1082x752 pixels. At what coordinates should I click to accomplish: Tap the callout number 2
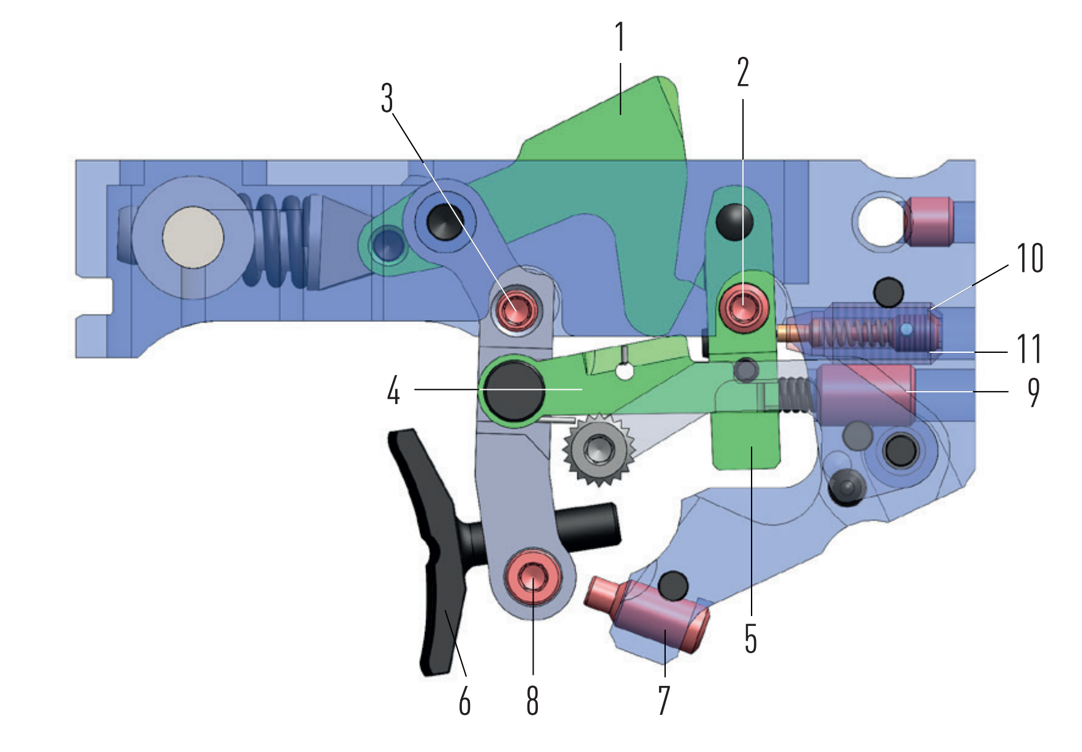[x=742, y=72]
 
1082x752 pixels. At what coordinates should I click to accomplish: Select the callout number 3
[x=387, y=98]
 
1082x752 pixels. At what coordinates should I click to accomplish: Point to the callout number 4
[x=393, y=391]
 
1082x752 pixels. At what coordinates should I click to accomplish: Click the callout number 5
[x=750, y=638]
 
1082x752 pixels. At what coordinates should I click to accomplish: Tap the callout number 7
[x=664, y=701]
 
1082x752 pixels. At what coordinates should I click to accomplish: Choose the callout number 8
[x=532, y=701]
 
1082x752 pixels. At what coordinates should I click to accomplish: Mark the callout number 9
[x=1033, y=392]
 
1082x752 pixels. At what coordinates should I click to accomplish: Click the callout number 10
[x=1030, y=258]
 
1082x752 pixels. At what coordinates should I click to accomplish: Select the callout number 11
[x=1029, y=349]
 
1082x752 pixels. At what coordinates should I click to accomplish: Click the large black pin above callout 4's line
[x=513, y=391]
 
